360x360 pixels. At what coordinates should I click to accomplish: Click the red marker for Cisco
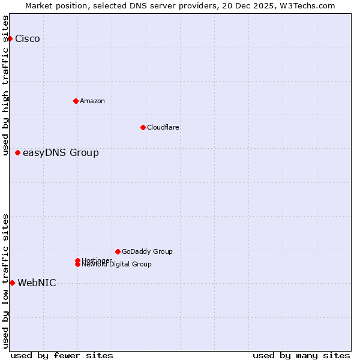click(x=10, y=38)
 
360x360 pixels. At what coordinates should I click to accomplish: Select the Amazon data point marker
click(x=76, y=101)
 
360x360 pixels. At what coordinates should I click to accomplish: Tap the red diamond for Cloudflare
click(x=143, y=127)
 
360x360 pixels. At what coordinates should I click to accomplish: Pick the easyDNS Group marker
click(x=18, y=152)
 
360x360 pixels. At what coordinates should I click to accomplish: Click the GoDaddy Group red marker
click(x=118, y=251)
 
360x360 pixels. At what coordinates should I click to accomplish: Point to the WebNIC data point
click(x=12, y=283)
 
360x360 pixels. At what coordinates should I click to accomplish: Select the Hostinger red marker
click(x=77, y=260)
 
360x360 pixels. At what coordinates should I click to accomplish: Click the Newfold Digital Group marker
click(x=77, y=265)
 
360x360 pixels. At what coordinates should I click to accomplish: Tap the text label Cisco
click(x=28, y=39)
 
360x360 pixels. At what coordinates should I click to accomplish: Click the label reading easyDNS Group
click(x=61, y=153)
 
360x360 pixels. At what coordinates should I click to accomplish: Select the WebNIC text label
click(x=37, y=283)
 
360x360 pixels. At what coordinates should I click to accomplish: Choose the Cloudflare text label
click(x=163, y=127)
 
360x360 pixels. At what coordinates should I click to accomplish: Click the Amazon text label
click(x=92, y=101)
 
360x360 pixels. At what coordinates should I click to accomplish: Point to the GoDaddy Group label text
click(x=147, y=251)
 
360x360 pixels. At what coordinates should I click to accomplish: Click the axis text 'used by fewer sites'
click(x=62, y=355)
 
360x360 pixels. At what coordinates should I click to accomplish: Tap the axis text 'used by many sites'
click(x=301, y=355)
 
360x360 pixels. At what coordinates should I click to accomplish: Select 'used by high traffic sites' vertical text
click(x=5, y=85)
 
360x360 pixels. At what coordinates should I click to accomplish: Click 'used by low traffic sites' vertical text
click(x=5, y=281)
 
